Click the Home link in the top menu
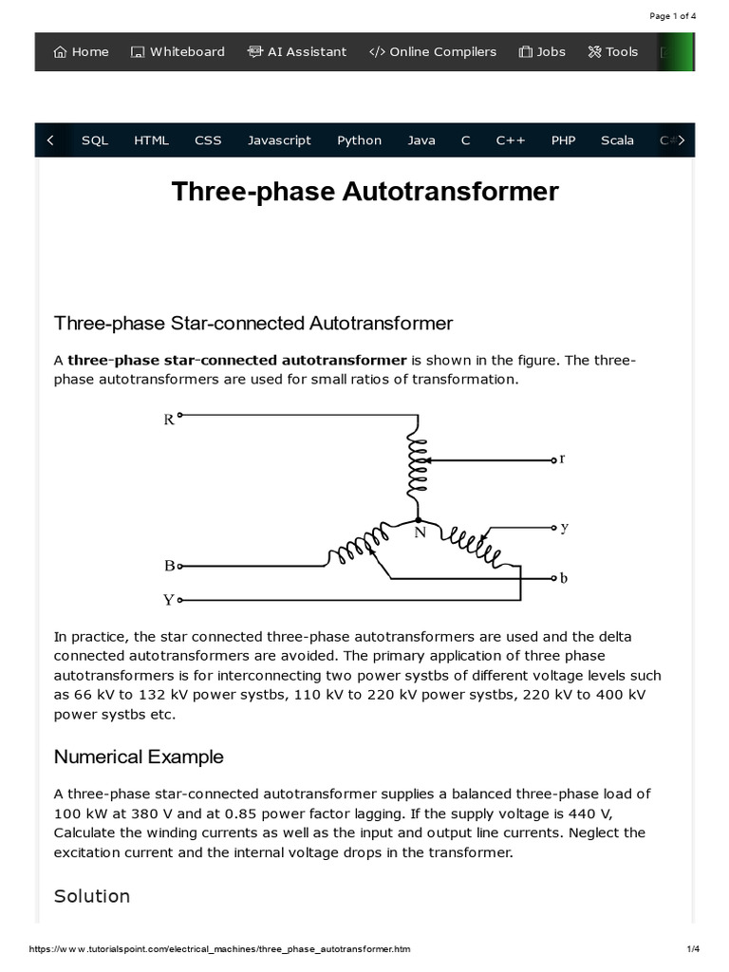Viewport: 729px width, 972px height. pyautogui.click(x=81, y=52)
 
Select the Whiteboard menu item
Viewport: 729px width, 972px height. pyautogui.click(x=178, y=52)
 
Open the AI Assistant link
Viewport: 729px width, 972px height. pyautogui.click(x=297, y=52)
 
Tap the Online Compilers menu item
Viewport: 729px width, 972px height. pyautogui.click(x=433, y=52)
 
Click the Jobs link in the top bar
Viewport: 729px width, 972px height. pyautogui.click(x=542, y=52)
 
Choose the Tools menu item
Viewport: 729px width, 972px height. pyautogui.click(x=613, y=52)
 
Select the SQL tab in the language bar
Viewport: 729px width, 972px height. pyautogui.click(x=95, y=140)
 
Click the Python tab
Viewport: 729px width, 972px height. pyautogui.click(x=359, y=140)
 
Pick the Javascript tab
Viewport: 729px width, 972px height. pyautogui.click(x=279, y=140)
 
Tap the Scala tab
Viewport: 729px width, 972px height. pyautogui.click(x=617, y=140)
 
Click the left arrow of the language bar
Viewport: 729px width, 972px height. pyautogui.click(x=50, y=140)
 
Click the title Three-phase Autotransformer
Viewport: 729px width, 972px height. pyautogui.click(x=364, y=192)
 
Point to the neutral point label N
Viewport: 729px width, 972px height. pyautogui.click(x=420, y=533)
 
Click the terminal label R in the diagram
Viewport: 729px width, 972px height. pyautogui.click(x=169, y=419)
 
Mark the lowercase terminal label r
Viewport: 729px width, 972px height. pyautogui.click(x=562, y=458)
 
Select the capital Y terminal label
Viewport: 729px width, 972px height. pyautogui.click(x=169, y=600)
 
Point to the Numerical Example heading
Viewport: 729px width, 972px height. pyautogui.click(x=139, y=757)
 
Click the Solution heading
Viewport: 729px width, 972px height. pyautogui.click(x=92, y=896)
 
